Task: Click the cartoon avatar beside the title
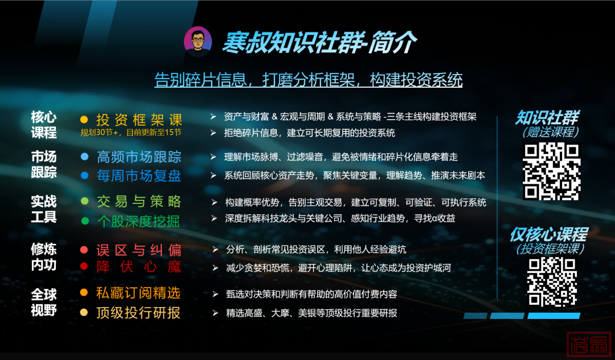point(198,42)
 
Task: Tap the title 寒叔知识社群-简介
point(319,42)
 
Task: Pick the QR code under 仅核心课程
point(551,283)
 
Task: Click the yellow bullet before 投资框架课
point(84,120)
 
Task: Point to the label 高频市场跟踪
point(139,156)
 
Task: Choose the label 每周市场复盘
point(139,175)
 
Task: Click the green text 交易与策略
point(139,201)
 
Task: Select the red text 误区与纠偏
point(139,249)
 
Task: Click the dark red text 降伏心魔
point(139,267)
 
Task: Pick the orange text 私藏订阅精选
point(138,293)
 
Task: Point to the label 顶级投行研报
point(138,312)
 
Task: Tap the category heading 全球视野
point(44,302)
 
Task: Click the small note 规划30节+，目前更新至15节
point(131,132)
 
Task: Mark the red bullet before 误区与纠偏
point(84,249)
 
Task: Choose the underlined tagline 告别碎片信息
point(308,80)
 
